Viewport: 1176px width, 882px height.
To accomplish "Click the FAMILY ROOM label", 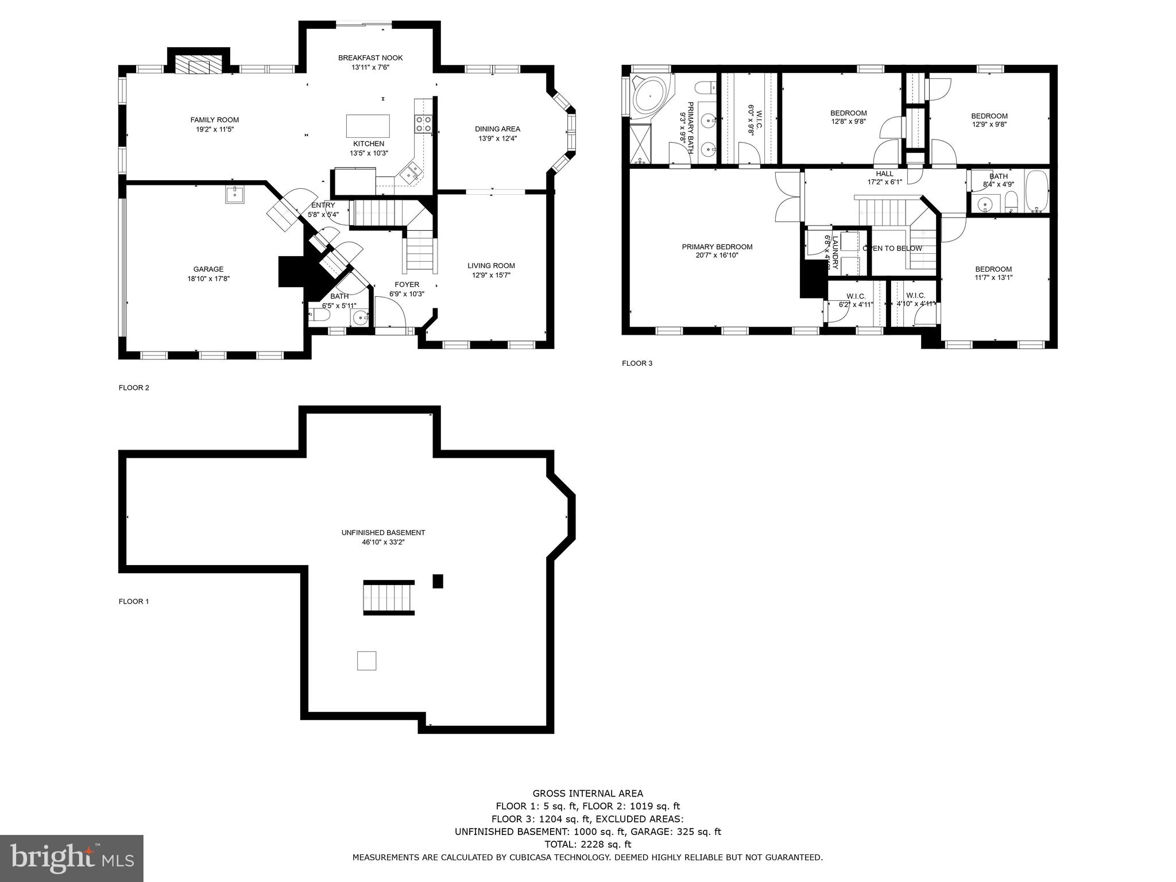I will (x=214, y=120).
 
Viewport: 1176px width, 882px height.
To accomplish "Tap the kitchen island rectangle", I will (x=367, y=125).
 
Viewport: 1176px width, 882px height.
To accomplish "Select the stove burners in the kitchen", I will (x=424, y=124).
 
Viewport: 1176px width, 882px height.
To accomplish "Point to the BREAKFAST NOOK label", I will (x=370, y=58).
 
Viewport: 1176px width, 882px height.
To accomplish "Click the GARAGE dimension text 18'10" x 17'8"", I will (x=208, y=278).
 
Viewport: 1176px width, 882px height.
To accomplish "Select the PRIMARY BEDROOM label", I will (x=717, y=247).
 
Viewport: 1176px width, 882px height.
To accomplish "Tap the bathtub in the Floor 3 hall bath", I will (x=1037, y=191).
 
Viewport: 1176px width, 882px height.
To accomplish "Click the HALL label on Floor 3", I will (x=884, y=174).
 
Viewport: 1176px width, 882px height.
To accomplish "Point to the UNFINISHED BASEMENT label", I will (x=383, y=533).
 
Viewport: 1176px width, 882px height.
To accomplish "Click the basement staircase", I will (x=389, y=598).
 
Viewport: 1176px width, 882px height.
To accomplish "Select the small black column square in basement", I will (x=438, y=581).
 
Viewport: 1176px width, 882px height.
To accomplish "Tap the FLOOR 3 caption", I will (x=637, y=363).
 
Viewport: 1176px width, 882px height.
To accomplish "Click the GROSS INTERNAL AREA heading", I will (x=587, y=794).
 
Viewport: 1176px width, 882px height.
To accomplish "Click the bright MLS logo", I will (x=71, y=858).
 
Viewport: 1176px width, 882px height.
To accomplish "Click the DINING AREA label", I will (x=497, y=129).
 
